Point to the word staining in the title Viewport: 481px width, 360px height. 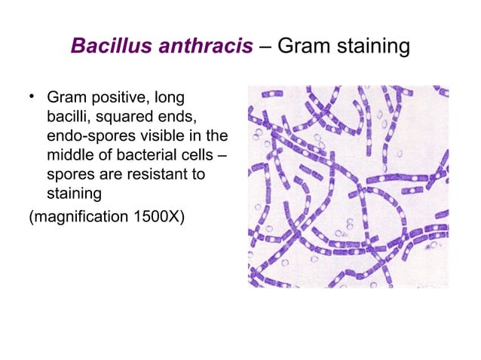(x=374, y=47)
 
